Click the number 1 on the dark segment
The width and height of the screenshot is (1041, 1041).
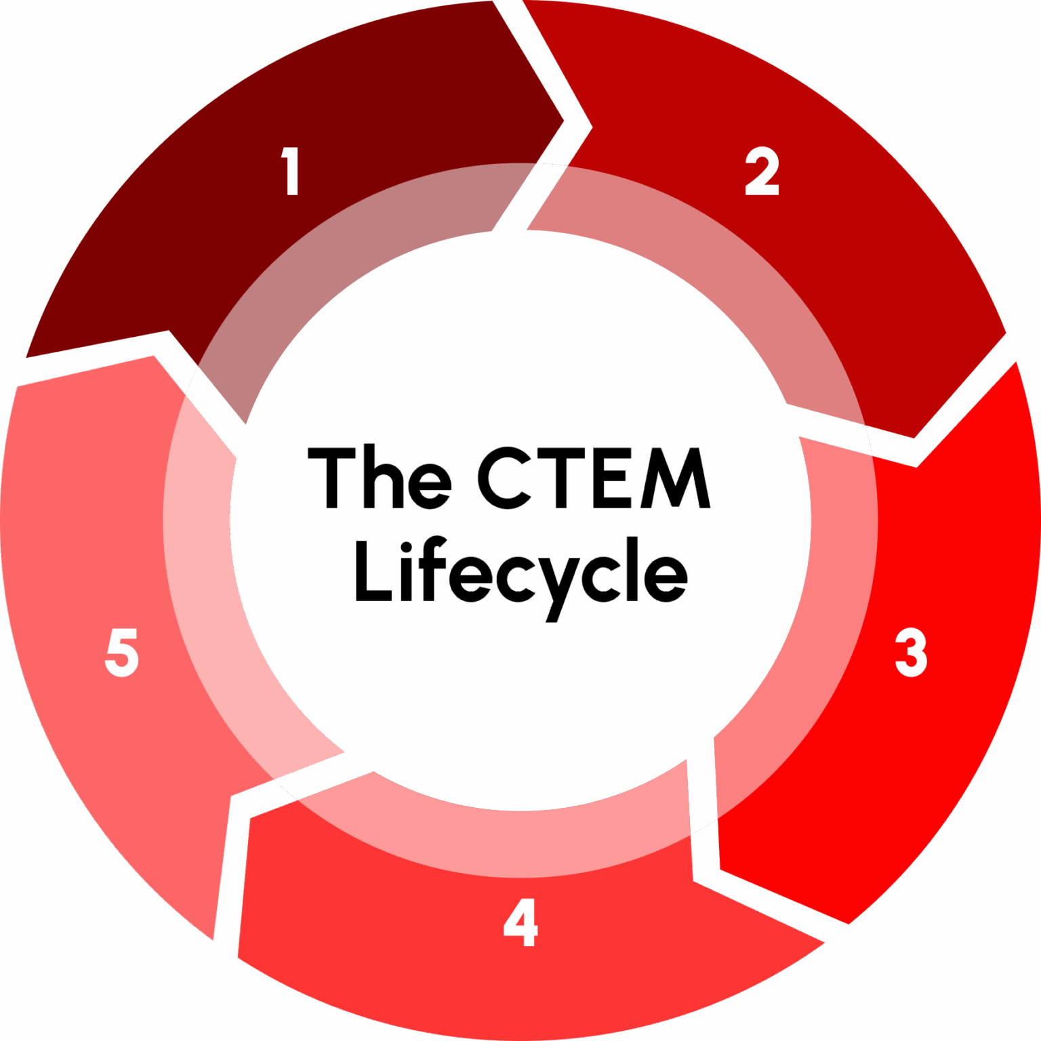(291, 171)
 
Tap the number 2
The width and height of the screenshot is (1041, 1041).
(762, 171)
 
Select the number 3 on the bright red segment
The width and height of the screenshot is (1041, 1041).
(910, 652)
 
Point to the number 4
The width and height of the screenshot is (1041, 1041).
(520, 922)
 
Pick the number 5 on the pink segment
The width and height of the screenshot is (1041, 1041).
(122, 652)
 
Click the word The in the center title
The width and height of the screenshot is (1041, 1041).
(380, 478)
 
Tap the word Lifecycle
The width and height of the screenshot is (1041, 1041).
(520, 573)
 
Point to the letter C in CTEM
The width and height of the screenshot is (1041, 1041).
(505, 478)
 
